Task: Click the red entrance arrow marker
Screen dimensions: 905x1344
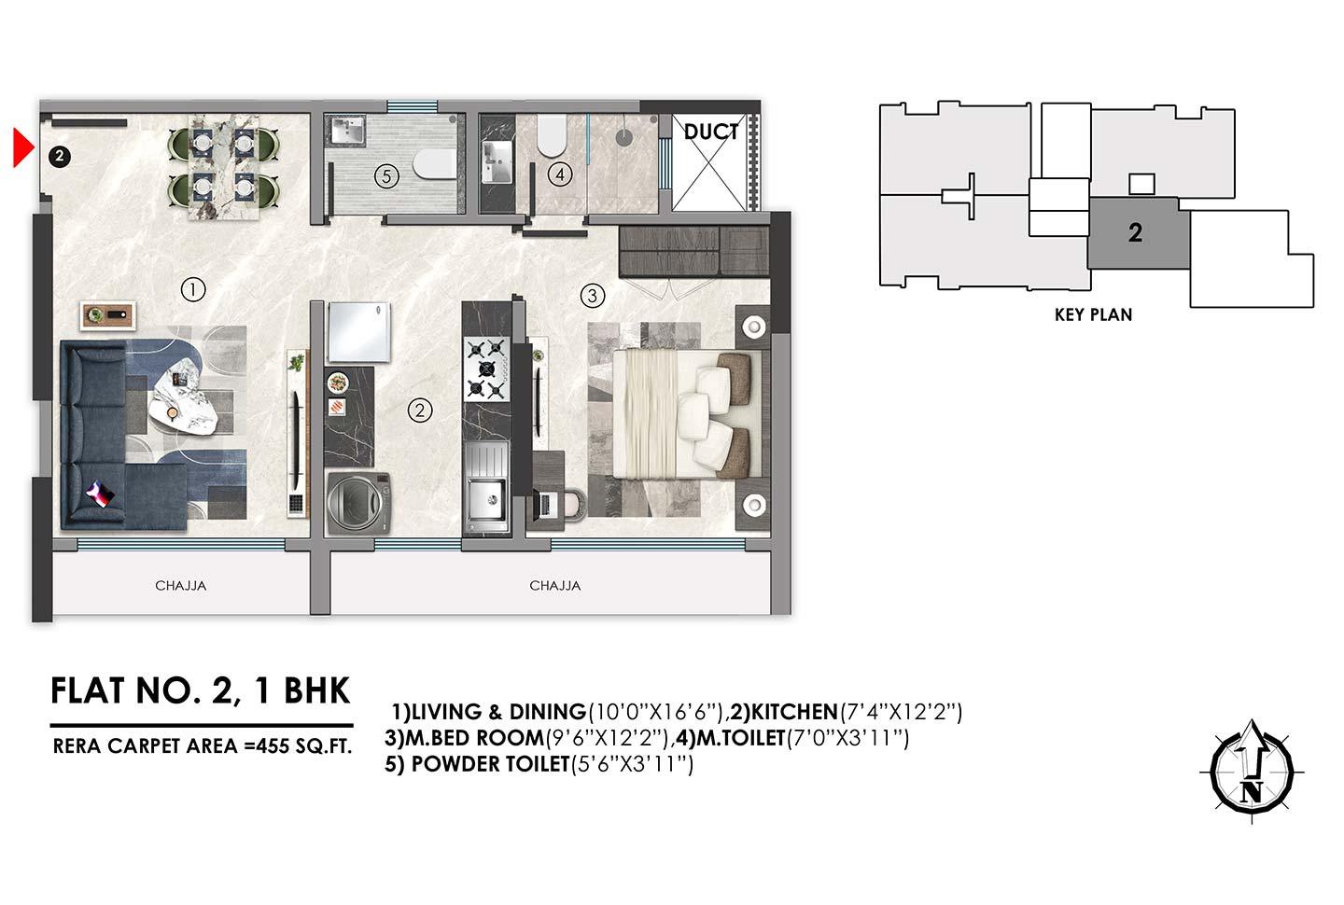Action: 22,149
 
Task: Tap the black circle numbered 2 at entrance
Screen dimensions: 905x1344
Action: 58,157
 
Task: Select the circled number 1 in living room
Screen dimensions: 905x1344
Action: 192,290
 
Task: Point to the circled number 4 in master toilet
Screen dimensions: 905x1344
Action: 559,174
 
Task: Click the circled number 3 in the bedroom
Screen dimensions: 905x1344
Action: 592,297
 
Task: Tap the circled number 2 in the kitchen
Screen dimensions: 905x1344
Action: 420,410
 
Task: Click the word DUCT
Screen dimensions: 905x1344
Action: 711,132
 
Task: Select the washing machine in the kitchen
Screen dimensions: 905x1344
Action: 357,501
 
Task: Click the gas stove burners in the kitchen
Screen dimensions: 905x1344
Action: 485,370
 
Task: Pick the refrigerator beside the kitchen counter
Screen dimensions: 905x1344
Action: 357,332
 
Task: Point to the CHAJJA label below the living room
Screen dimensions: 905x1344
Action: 180,586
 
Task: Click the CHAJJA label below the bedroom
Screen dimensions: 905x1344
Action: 554,586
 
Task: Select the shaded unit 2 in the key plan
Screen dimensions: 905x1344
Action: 1135,232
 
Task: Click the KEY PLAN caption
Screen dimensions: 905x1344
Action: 1093,315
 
